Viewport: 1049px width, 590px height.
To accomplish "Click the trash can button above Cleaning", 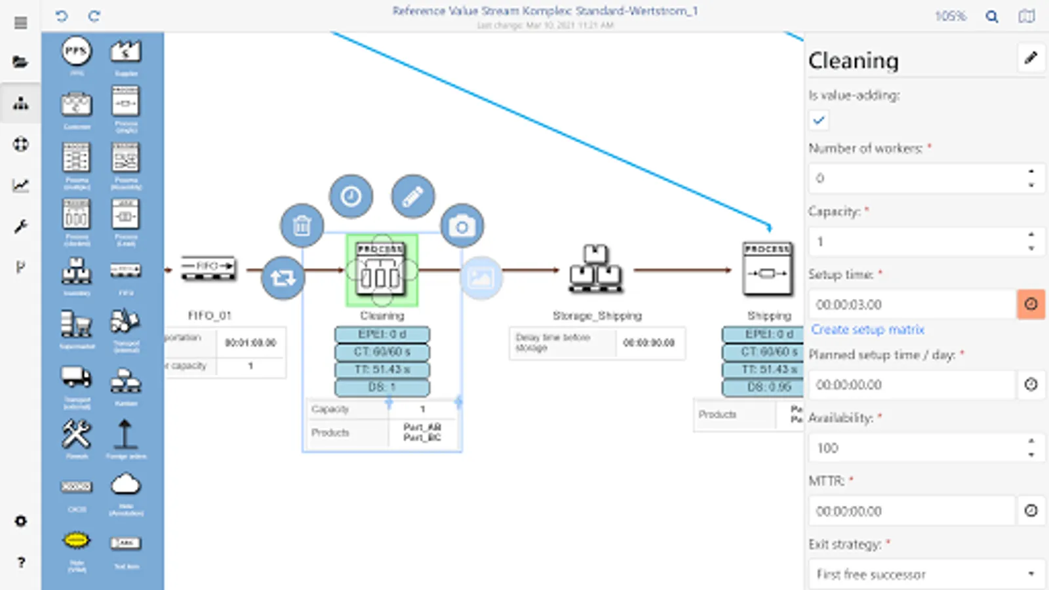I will click(302, 226).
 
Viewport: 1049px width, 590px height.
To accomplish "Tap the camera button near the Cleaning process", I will click(462, 226).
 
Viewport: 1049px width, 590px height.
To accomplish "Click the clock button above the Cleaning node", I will click(351, 196).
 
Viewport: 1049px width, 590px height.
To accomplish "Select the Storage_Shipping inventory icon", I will click(596, 269).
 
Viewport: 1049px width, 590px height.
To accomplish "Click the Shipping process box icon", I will click(768, 269).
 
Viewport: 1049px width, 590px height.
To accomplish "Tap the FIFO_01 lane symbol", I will click(208, 267).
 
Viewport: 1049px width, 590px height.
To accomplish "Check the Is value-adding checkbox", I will click(819, 120).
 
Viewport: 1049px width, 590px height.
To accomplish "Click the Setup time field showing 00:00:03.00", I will click(911, 305).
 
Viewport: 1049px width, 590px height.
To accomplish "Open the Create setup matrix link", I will click(867, 329).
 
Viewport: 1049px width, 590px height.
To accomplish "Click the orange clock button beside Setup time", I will click(1031, 305).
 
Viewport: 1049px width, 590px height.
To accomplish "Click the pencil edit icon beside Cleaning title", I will click(1031, 58).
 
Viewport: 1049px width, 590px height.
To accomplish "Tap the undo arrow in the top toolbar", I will click(62, 16).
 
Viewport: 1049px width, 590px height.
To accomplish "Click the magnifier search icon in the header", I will click(992, 16).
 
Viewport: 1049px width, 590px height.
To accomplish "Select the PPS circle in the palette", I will click(77, 51).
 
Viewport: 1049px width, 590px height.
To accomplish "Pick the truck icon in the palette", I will click(77, 377).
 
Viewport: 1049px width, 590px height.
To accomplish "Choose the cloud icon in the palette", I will click(125, 485).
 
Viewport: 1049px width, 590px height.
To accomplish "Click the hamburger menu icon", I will click(21, 23).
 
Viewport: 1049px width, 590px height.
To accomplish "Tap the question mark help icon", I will click(21, 562).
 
